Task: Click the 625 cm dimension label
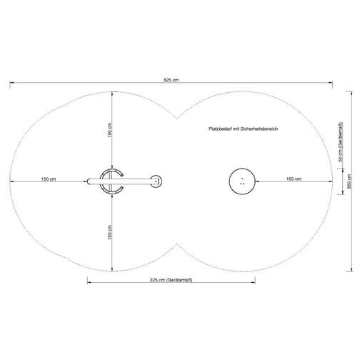171,80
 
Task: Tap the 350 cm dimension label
349,181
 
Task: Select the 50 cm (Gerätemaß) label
341,142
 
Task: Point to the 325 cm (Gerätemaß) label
171,280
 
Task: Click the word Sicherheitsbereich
259,129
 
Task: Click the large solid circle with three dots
242,181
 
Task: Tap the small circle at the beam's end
156,181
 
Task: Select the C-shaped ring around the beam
101,181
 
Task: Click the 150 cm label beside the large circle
294,179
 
